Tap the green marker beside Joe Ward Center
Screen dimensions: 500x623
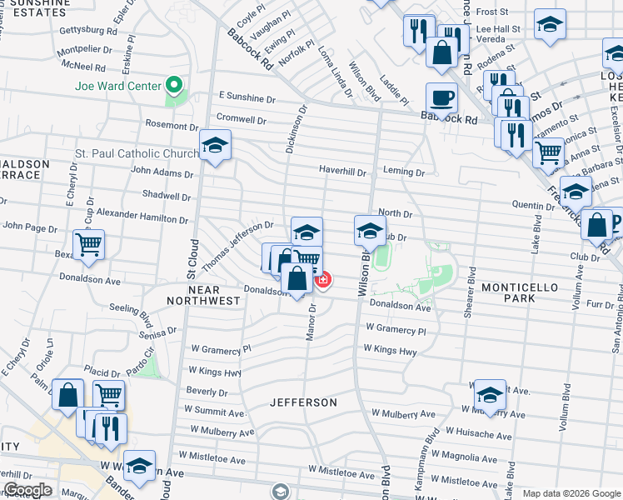[175, 85]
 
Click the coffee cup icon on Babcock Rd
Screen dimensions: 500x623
[441, 98]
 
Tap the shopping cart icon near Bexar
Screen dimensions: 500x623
[88, 244]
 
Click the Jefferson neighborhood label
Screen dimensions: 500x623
[304, 402]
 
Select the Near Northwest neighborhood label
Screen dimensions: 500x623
[192, 295]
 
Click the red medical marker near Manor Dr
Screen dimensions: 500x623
[322, 280]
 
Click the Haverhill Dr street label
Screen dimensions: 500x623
[342, 172]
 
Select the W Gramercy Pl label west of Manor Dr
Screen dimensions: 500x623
[220, 349]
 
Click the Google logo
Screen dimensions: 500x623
[27, 490]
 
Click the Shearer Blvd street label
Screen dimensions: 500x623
[471, 292]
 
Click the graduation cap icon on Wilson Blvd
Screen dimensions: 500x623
[370, 231]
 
